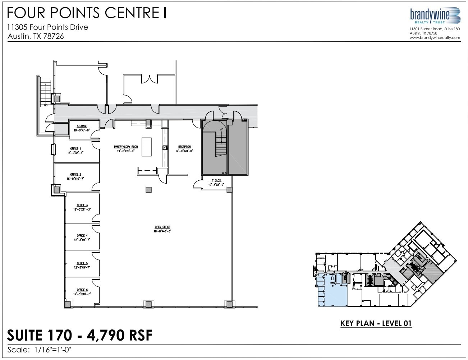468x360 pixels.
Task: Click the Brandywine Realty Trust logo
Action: click(x=435, y=16)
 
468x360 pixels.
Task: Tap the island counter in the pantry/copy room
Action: click(x=147, y=147)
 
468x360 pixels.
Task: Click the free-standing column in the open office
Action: click(x=148, y=190)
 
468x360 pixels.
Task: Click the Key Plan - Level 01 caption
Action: click(x=376, y=323)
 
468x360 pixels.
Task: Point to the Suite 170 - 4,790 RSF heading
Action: click(x=80, y=335)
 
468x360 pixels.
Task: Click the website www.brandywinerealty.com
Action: click(x=435, y=37)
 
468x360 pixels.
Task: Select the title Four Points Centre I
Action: click(x=87, y=13)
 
